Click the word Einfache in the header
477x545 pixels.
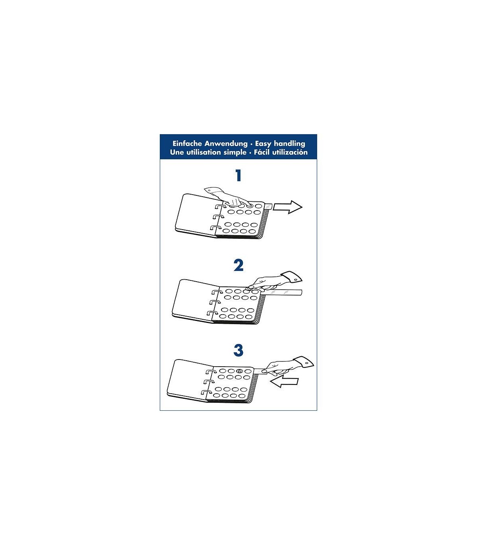(x=183, y=143)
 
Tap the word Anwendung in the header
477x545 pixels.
(x=226, y=143)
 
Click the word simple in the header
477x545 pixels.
(x=235, y=153)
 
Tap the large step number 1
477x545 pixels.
(x=238, y=176)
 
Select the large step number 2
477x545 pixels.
(x=238, y=266)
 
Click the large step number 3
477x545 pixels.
(x=238, y=350)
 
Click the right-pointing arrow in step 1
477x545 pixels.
(x=288, y=207)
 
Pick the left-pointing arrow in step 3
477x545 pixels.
(x=284, y=382)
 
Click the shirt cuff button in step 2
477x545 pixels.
(x=295, y=278)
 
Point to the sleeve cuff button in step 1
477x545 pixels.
(x=210, y=190)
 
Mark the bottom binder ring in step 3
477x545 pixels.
(x=206, y=393)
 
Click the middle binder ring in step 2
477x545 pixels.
(x=216, y=303)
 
